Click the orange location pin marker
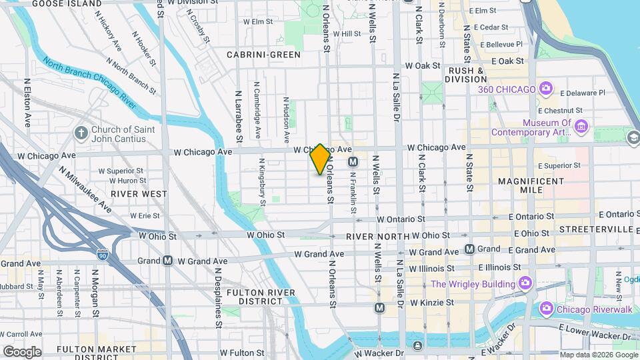click(x=320, y=159)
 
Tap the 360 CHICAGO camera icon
click(x=546, y=89)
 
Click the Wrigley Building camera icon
click(x=526, y=284)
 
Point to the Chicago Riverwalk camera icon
click(x=546, y=308)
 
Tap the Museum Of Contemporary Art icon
click(x=581, y=127)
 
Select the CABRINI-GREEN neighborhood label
click(x=263, y=55)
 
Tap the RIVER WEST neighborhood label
click(x=139, y=193)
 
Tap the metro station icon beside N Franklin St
click(x=353, y=161)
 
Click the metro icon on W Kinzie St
click(x=379, y=308)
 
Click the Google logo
click(x=22, y=351)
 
